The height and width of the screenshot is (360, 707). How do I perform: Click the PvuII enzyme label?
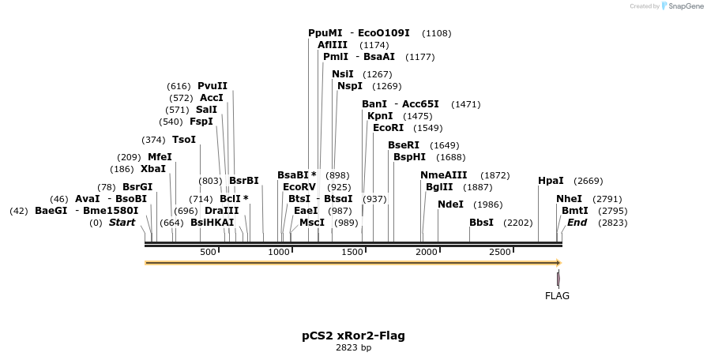coord(212,86)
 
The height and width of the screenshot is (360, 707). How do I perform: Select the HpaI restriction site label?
coord(551,181)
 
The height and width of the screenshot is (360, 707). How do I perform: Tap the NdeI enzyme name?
coord(450,204)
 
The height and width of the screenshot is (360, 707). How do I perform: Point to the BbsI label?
coord(481,223)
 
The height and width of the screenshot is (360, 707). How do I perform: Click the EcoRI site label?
coord(388,128)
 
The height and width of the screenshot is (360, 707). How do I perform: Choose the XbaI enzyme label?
coord(153,169)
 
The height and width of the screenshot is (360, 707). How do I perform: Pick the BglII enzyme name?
coord(439,187)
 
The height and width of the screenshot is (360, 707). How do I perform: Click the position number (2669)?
coord(588,181)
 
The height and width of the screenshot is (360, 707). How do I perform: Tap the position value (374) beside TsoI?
coord(153,140)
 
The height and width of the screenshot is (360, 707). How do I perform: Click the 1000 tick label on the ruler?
coord(279,252)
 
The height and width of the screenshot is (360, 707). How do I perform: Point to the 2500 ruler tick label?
coord(500,252)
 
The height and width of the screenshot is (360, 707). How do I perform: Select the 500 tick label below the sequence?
coord(208,252)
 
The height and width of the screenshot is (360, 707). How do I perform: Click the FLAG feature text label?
coord(557,296)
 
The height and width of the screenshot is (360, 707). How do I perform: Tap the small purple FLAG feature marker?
coord(558,279)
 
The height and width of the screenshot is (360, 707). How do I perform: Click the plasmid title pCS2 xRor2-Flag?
coord(353,336)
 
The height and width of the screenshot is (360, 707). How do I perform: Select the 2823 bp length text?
coord(353,347)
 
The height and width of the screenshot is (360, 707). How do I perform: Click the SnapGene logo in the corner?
coord(683,6)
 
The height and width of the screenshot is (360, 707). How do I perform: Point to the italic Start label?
coord(122,223)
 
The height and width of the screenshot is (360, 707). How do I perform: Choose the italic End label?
coord(577,223)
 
